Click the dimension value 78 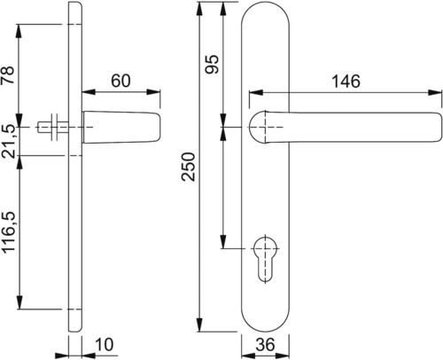point(8,75)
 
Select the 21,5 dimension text point(8,141)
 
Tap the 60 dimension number point(120,81)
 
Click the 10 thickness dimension point(105,345)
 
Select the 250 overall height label point(189,167)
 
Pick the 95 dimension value point(212,64)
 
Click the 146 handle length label point(346,82)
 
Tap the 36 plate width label point(265,345)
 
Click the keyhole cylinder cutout point(265,258)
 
